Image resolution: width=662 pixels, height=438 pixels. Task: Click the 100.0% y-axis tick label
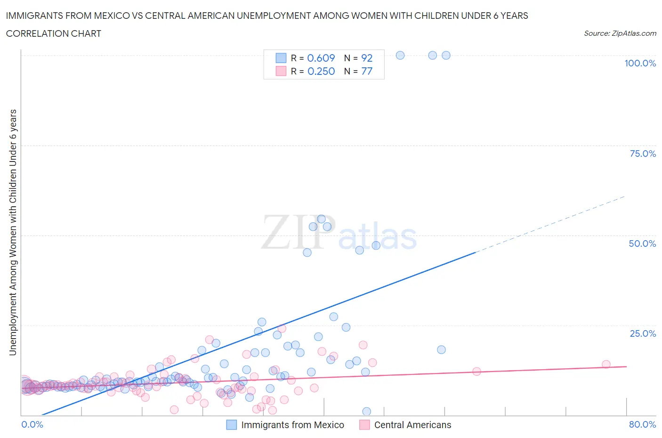pos(640,63)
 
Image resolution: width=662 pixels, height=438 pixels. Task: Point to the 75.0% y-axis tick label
pos(642,154)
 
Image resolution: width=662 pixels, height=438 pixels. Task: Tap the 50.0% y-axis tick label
pos(642,243)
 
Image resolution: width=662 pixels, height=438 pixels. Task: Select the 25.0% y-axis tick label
pos(642,333)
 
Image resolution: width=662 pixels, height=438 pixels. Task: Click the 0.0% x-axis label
pos(32,424)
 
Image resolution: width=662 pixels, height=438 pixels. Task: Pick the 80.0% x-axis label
pos(642,424)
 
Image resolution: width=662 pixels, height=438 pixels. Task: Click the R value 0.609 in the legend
pos(321,58)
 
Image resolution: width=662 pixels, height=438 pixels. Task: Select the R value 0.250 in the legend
pos(321,71)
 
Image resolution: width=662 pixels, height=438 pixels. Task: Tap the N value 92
pos(367,58)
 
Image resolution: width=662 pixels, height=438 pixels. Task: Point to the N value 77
pos(367,71)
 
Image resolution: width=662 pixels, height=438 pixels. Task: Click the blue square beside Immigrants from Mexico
pos(232,425)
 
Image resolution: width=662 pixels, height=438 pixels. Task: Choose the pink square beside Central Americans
pos(364,425)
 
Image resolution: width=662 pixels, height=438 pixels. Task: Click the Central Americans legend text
pos(412,425)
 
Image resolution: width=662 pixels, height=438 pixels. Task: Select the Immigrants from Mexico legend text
pos(292,425)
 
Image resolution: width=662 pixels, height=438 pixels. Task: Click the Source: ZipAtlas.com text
pos(620,33)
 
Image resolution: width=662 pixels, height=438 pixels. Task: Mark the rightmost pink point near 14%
pos(606,364)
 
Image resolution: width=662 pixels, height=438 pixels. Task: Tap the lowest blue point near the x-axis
pos(366,412)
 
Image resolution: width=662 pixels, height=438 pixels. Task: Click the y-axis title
pos(13,232)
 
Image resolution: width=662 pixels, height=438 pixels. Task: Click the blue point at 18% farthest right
pos(441,349)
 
